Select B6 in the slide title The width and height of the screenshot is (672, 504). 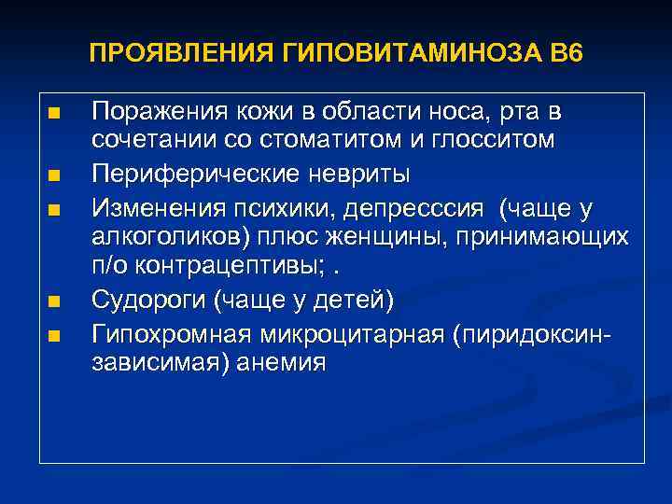(566, 53)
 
